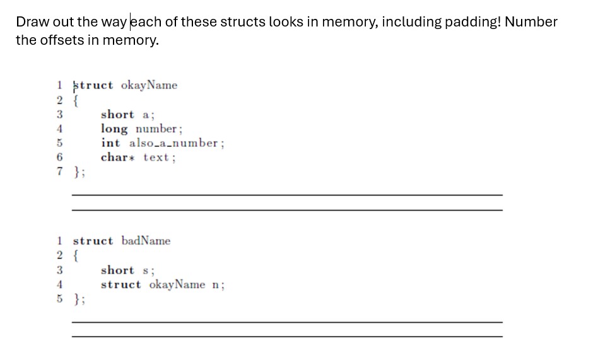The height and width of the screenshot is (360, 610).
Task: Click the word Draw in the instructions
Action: pos(31,22)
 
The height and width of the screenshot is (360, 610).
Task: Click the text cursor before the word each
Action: pos(130,22)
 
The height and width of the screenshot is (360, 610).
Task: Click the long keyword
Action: pos(114,129)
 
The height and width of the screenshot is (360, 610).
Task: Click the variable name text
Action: pos(156,158)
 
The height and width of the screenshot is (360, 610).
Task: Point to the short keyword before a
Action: pos(117,115)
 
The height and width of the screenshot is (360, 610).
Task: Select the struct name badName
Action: pos(146,241)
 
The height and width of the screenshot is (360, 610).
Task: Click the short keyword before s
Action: pos(117,270)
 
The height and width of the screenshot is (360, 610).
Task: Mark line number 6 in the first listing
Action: pos(60,158)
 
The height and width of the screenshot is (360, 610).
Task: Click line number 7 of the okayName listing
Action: pos(60,171)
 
